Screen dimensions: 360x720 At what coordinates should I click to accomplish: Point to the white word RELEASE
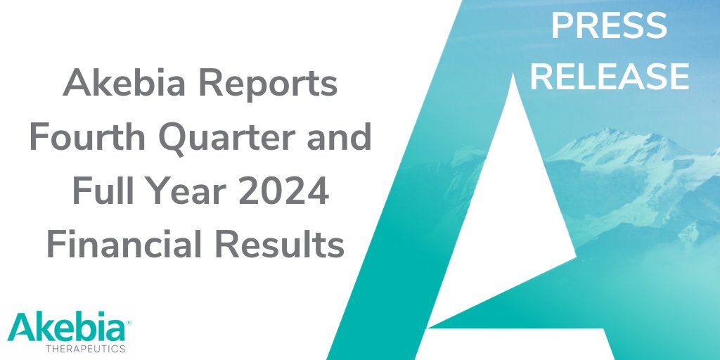point(609,76)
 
